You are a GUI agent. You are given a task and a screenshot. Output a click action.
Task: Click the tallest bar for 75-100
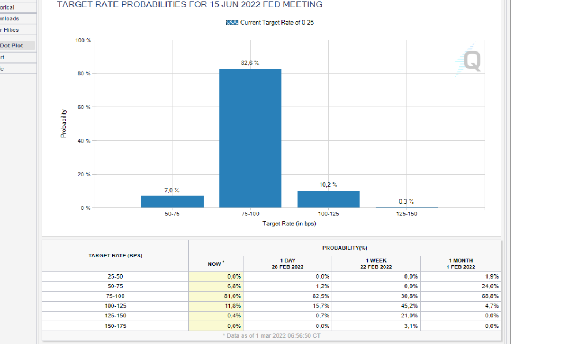[x=250, y=138]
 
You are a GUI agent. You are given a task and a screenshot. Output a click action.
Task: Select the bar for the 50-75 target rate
[x=172, y=201]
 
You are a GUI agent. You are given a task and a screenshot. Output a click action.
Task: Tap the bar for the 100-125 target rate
[x=328, y=199]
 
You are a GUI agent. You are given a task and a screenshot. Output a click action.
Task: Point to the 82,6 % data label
[x=250, y=63]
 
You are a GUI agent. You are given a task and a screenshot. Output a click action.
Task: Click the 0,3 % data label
[x=406, y=202]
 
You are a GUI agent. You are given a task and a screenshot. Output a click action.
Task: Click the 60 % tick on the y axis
[x=84, y=108]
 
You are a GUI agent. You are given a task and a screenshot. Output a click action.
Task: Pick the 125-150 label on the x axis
[x=406, y=214]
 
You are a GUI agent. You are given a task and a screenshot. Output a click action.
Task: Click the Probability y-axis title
[x=63, y=124]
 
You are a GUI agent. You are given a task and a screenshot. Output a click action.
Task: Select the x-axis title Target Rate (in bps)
[x=289, y=224]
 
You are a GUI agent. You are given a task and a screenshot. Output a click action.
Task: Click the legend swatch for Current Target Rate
[x=232, y=23]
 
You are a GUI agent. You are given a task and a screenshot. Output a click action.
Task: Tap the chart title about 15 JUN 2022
[x=190, y=5]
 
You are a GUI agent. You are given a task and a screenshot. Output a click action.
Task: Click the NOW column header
[x=216, y=264]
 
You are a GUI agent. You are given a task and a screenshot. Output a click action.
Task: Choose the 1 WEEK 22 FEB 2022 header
[x=376, y=264]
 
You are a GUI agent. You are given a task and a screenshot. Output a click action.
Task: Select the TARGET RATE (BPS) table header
[x=115, y=256]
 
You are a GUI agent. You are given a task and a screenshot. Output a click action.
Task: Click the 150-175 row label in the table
[x=115, y=326]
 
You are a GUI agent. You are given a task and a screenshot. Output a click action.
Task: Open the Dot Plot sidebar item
[x=11, y=45]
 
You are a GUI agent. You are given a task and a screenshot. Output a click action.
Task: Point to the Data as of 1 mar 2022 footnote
[x=271, y=336]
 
